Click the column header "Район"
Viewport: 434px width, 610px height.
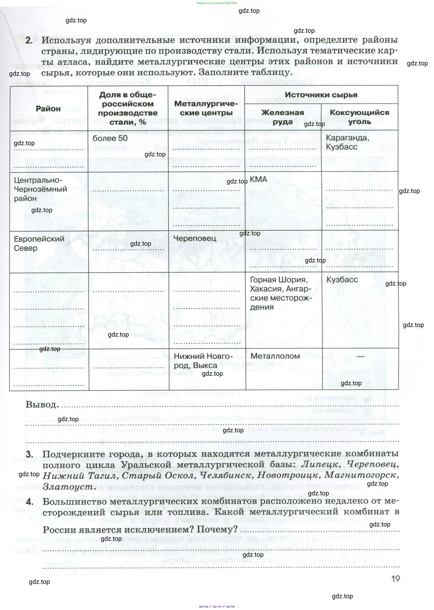[x=48, y=108]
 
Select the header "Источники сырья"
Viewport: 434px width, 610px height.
[x=321, y=95]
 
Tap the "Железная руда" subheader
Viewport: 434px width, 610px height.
[x=282, y=117]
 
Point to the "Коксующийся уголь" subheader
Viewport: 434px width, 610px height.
[x=359, y=117]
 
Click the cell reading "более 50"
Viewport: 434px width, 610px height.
[x=110, y=138]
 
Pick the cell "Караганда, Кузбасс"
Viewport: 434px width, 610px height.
[x=347, y=142]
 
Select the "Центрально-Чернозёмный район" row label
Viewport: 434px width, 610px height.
[x=40, y=189]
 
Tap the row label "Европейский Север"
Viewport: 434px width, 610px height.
[x=39, y=243]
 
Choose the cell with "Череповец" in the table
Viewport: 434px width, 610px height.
[x=195, y=238]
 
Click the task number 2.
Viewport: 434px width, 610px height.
[x=29, y=40]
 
